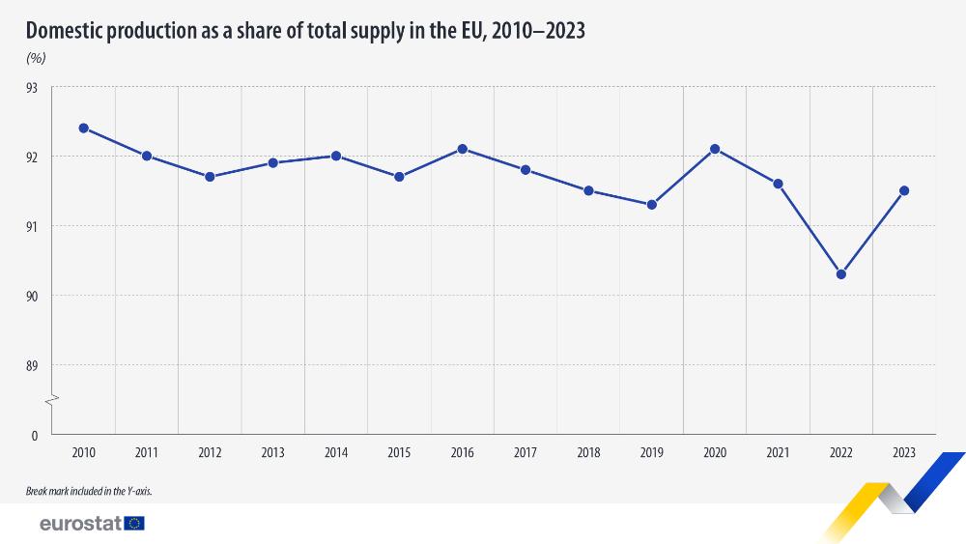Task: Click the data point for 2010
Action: tap(84, 129)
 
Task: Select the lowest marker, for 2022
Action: tap(841, 274)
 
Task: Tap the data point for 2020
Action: tap(715, 149)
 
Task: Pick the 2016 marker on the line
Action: tap(463, 149)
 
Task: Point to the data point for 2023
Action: tap(904, 190)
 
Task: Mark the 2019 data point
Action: tap(652, 205)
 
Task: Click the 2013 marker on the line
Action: tap(273, 162)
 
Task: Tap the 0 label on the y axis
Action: tap(34, 435)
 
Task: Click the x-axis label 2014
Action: tap(336, 452)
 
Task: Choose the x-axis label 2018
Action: tap(588, 452)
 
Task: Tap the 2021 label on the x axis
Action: tap(778, 452)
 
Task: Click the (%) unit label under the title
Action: tap(36, 58)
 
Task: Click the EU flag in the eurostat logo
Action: tap(134, 524)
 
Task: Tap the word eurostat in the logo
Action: tap(79, 524)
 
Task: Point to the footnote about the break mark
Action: tap(89, 492)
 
